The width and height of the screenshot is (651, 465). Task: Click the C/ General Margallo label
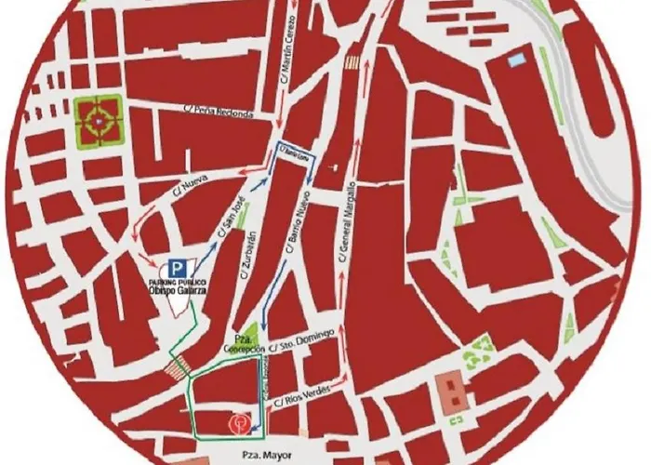(352, 219)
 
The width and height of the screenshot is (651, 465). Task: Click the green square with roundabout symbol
(97, 121)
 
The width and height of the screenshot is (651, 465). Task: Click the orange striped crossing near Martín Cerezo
(352, 61)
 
